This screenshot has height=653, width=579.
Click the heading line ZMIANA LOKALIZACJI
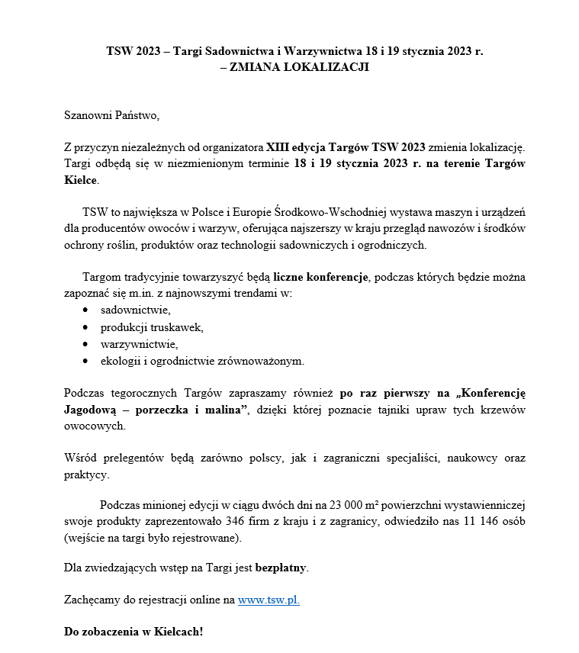pos(294,67)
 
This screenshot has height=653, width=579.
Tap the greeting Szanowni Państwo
pos(112,115)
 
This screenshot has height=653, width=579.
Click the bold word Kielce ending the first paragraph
pos(80,181)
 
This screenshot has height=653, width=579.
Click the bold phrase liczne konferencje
pos(321,277)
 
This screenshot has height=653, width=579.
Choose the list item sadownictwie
pos(135,310)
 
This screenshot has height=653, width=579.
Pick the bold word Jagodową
pos(91,411)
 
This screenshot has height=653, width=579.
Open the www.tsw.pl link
pos(269,600)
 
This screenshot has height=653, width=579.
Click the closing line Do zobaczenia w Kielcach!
pos(134,633)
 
